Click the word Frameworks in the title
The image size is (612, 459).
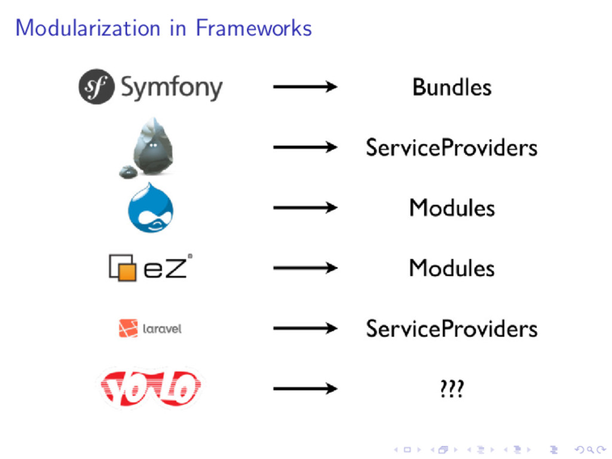click(253, 27)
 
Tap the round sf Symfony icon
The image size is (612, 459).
click(96, 87)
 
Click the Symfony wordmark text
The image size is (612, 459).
click(172, 88)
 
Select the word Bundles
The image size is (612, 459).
click(452, 87)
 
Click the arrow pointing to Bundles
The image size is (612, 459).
click(305, 87)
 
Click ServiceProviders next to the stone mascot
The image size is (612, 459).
click(452, 147)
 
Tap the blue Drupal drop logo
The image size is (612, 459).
click(151, 208)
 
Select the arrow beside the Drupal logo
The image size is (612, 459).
click(305, 207)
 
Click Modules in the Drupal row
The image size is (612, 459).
click(452, 208)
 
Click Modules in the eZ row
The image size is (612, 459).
click(452, 268)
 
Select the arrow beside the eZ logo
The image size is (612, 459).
click(305, 268)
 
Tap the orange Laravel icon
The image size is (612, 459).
click(128, 328)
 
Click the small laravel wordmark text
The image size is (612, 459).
click(162, 328)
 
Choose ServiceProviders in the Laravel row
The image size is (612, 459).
click(452, 328)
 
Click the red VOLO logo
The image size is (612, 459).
click(151, 388)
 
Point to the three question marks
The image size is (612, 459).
click(451, 389)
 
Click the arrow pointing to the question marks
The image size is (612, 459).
click(305, 389)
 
